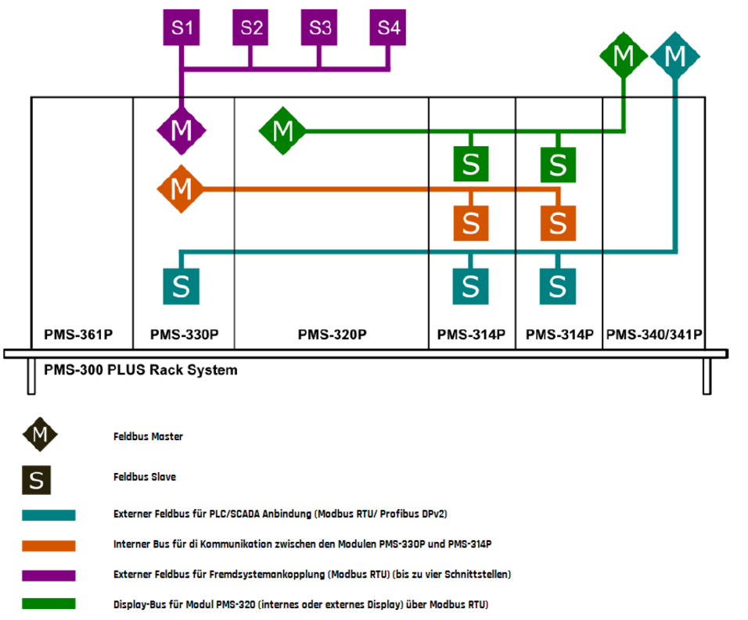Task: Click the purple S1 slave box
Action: tap(182, 28)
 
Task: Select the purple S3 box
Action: tap(319, 28)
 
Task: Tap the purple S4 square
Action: tap(389, 28)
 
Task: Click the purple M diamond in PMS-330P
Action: tap(181, 129)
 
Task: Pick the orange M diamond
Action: tap(181, 189)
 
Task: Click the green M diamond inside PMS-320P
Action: tap(282, 131)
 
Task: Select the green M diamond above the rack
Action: tap(624, 56)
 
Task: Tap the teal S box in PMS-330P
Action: tap(181, 286)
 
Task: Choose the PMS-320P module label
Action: tap(332, 335)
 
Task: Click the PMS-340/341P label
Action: tap(654, 335)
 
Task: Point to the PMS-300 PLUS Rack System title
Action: tap(141, 370)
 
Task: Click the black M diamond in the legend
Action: tap(40, 435)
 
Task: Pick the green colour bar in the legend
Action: tap(49, 604)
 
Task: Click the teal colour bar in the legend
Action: tap(49, 515)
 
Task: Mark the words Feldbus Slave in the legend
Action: tap(145, 476)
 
